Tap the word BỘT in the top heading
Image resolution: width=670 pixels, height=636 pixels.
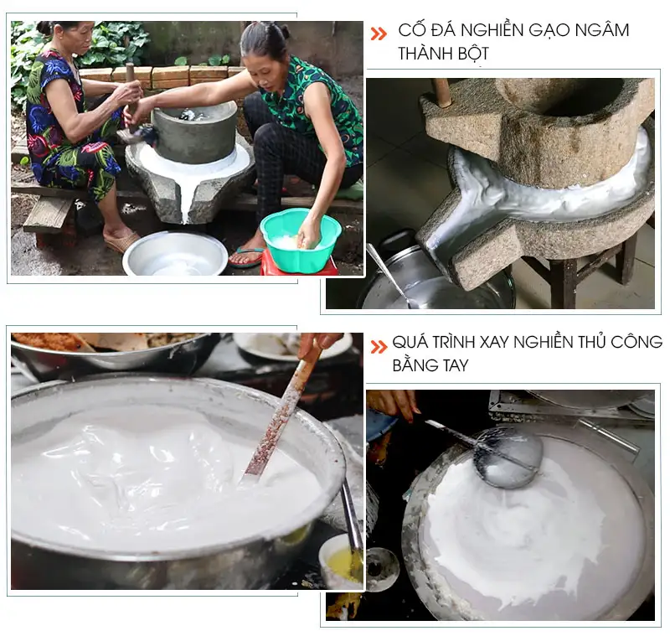click(472, 54)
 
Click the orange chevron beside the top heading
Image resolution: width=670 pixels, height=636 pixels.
click(379, 33)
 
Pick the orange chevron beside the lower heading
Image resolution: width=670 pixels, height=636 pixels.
click(379, 344)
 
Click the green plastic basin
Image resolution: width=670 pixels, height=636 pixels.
click(300, 239)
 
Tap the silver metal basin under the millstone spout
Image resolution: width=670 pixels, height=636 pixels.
click(175, 254)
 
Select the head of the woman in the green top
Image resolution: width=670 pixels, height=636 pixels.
click(263, 46)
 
